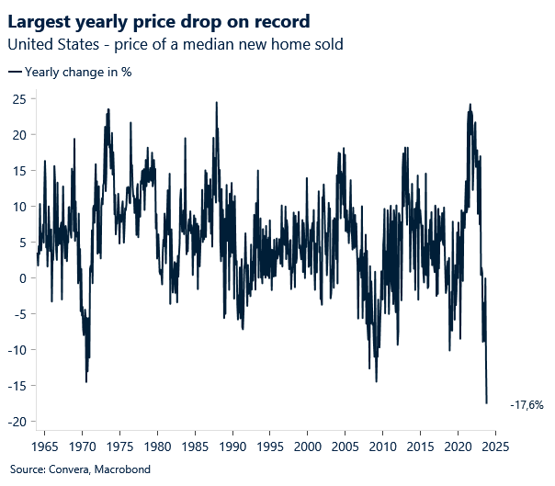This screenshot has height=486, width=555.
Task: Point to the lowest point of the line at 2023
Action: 487,402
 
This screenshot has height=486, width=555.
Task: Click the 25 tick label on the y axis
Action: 17,98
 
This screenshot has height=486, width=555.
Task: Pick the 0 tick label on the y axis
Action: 21,278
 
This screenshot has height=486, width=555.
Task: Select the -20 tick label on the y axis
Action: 15,422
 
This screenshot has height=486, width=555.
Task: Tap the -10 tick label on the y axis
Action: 15,350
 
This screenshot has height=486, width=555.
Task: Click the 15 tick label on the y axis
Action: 17,170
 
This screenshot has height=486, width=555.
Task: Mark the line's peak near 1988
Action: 216,103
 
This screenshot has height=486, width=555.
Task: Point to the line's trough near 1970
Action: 86,381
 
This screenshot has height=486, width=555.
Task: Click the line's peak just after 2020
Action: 470,105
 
